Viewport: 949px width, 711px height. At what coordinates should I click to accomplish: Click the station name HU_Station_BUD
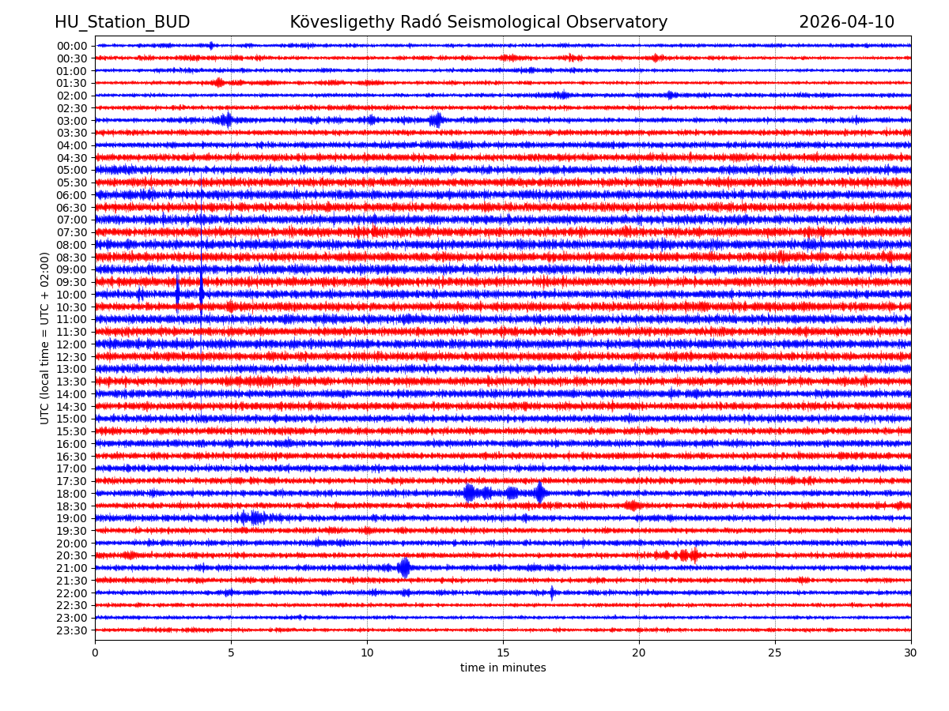coord(122,22)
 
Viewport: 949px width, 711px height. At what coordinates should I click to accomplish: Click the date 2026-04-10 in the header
coord(846,22)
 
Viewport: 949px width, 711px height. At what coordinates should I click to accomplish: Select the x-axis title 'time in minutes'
coord(503,668)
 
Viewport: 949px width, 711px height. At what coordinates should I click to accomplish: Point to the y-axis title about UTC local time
coord(45,338)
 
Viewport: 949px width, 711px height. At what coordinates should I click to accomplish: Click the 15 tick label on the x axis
coord(503,653)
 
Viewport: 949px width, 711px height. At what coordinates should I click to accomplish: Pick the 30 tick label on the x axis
coord(911,653)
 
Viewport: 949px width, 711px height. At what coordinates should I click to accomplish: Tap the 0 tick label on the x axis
coord(95,653)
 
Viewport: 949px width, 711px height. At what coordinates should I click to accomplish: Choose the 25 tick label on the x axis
coord(775,653)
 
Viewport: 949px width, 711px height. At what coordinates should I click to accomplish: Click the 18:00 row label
coord(71,494)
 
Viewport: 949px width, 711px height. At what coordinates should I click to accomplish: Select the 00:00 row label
coord(71,46)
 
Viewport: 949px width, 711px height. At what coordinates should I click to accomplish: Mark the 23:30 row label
coord(71,630)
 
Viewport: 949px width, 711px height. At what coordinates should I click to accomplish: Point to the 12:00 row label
coord(71,344)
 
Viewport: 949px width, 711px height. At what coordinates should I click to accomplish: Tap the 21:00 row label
coord(71,568)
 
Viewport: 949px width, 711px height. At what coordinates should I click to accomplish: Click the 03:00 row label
coord(71,120)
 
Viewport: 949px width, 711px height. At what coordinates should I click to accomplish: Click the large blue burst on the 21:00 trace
coord(404,567)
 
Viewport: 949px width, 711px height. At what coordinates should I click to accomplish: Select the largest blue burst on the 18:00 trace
coord(539,493)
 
